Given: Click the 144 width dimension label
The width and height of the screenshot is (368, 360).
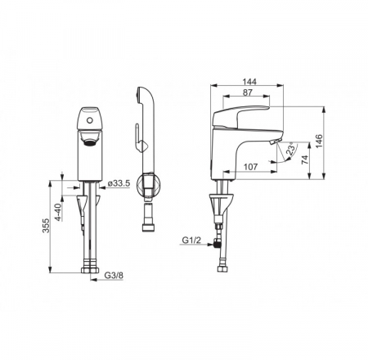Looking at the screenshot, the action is point(249,82).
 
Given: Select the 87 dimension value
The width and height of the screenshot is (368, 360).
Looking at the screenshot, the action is point(247,92).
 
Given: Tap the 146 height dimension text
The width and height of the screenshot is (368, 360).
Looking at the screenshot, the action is point(319,141).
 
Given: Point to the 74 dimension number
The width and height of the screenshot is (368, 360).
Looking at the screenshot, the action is point(304,160).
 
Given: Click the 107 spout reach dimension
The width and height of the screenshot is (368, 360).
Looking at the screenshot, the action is point(250,167).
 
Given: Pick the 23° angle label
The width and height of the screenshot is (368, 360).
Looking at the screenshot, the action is point(290,149).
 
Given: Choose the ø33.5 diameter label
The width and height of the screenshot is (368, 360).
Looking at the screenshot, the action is point(119,183).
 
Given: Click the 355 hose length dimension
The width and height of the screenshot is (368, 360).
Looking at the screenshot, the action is point(46,226).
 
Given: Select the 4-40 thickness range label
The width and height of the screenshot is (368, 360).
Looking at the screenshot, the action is point(59,212).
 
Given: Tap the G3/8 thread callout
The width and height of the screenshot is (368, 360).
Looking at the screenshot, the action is point(114,276).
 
